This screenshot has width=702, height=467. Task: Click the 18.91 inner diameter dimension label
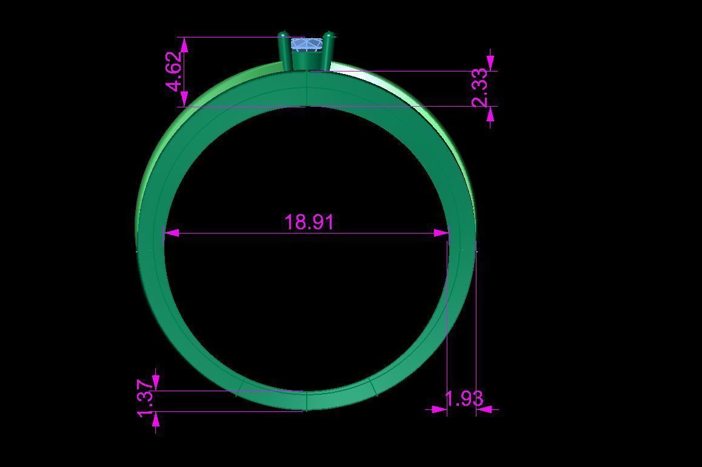(x=309, y=222)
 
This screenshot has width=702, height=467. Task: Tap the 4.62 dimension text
(x=174, y=72)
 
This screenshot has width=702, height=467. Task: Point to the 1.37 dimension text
(x=146, y=398)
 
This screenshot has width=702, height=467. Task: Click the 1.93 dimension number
(x=464, y=398)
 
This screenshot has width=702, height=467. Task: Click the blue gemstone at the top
(x=307, y=45)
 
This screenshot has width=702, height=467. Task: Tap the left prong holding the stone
(x=284, y=52)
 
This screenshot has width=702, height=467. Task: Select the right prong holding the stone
(x=328, y=51)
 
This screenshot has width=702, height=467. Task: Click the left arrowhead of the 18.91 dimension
(x=172, y=233)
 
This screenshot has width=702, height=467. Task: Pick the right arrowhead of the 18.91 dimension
(x=442, y=233)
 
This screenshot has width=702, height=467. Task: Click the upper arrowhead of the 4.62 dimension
(x=184, y=44)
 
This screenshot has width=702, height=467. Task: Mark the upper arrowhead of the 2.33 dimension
(x=490, y=62)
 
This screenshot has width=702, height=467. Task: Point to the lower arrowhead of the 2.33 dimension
(x=490, y=115)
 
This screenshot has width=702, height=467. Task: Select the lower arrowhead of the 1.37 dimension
(x=156, y=419)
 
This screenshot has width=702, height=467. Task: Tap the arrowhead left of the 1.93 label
(x=440, y=410)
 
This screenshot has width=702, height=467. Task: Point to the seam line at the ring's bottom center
(x=307, y=401)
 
